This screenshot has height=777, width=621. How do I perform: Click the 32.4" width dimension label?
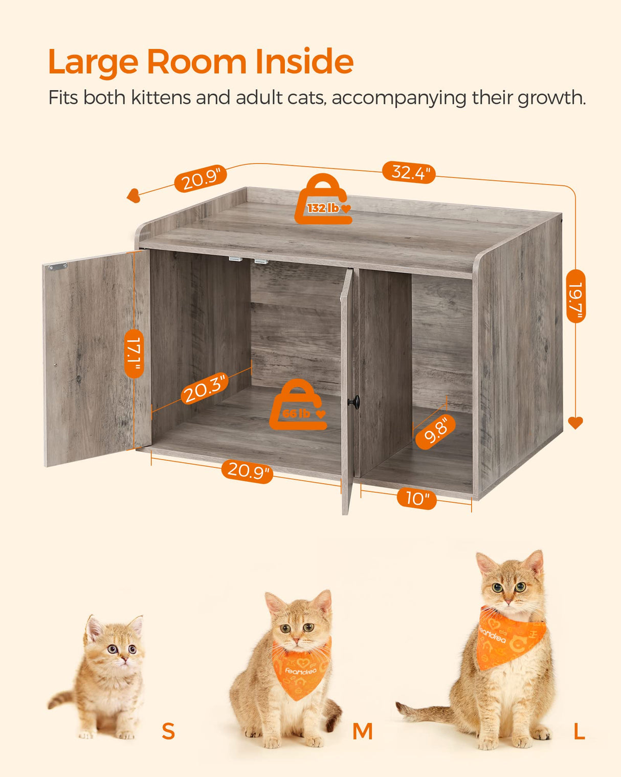point(409,172)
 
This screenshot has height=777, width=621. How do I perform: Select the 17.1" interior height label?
point(134,353)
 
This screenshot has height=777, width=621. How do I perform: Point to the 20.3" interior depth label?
point(204,389)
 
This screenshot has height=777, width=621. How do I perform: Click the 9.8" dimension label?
point(436,431)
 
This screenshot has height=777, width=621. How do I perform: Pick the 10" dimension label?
point(417,498)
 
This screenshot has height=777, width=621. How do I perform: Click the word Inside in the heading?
point(304,62)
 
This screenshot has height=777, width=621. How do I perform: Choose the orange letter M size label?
point(362,732)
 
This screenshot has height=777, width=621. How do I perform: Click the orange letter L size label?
point(579,732)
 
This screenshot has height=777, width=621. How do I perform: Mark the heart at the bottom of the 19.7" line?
point(575,423)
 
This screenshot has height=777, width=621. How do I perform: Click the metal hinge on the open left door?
point(58,266)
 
